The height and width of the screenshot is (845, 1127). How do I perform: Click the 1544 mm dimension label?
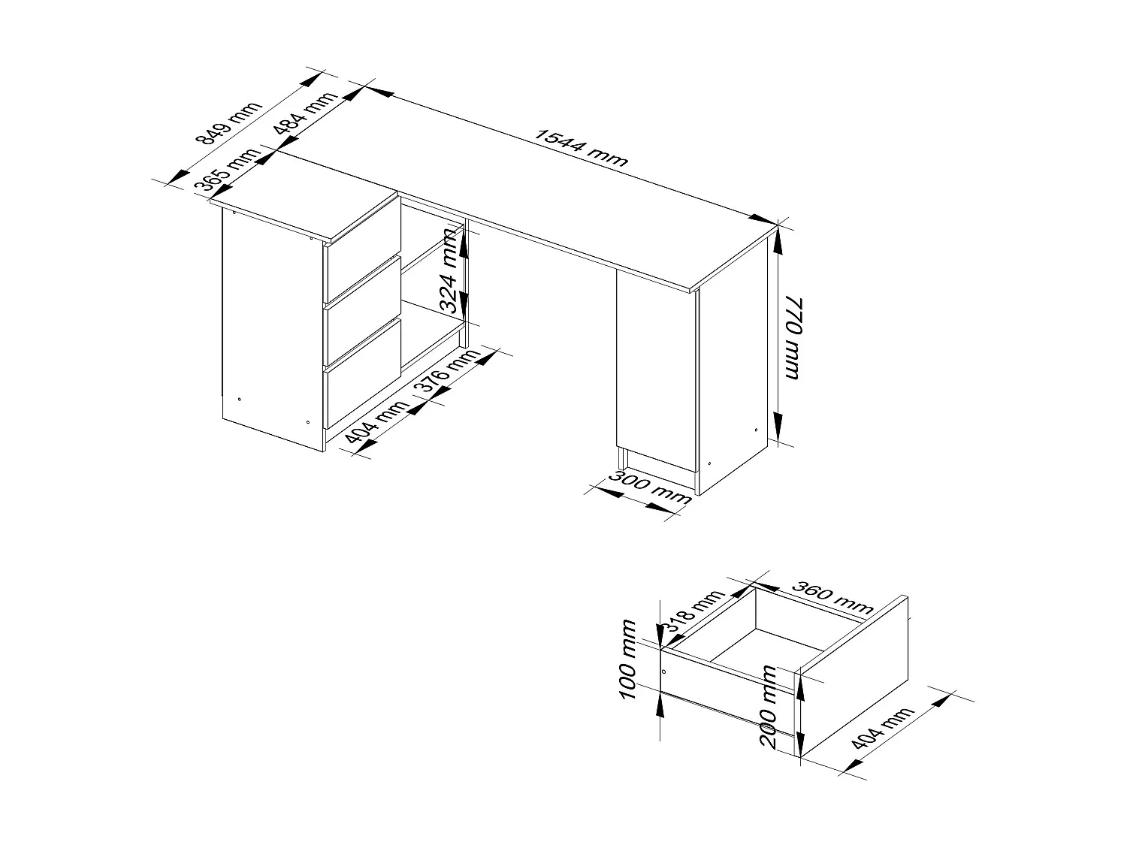pyautogui.click(x=581, y=147)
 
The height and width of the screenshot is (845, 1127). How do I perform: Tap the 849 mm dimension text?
pyautogui.click(x=228, y=123)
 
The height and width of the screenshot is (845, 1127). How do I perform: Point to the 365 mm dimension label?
pyautogui.click(x=226, y=172)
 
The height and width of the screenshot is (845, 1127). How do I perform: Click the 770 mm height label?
pyautogui.click(x=793, y=337)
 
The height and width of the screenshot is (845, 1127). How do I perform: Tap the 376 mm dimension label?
pyautogui.click(x=449, y=370)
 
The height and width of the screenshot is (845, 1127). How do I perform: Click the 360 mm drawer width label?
pyautogui.click(x=833, y=597)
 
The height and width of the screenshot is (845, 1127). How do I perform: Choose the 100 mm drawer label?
pyautogui.click(x=627, y=660)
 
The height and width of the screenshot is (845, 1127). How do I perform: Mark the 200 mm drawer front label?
pyautogui.click(x=768, y=707)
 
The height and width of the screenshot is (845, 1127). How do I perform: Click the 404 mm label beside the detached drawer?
pyautogui.click(x=883, y=728)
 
